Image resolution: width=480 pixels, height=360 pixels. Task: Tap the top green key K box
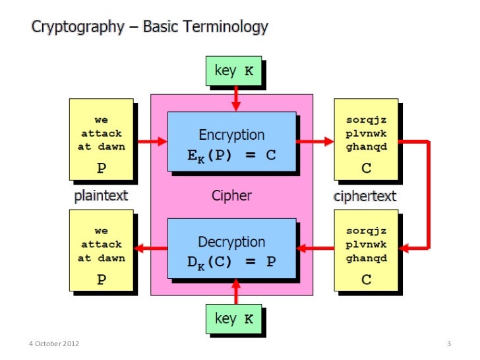tap(234, 71)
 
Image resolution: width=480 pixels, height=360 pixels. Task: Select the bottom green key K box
tap(234, 319)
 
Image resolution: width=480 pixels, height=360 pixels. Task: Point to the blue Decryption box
tap(231, 250)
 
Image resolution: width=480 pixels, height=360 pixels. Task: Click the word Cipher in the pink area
tap(231, 196)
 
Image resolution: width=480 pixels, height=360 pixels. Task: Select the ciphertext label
tap(365, 196)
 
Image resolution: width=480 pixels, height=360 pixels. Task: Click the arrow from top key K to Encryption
tap(235, 100)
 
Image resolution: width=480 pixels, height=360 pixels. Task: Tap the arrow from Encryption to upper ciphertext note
tap(315, 140)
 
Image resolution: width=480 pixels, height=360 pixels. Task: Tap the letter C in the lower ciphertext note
tap(366, 280)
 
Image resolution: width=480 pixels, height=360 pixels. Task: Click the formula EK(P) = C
tap(231, 156)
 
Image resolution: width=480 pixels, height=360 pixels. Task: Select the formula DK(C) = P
tap(231, 261)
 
